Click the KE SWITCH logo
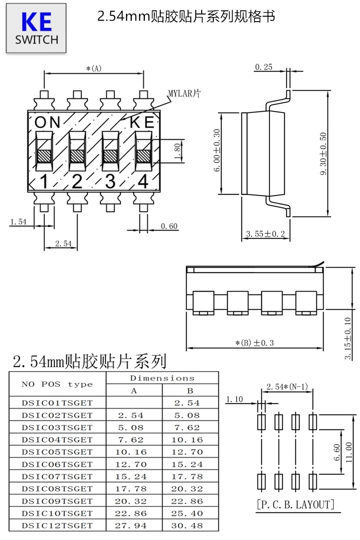coord(36,28)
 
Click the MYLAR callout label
coord(184,94)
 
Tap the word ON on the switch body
coord(47,122)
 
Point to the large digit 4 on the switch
coord(143,181)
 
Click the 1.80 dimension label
coord(177,151)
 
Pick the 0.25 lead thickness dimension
coord(264,67)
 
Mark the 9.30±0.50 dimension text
coord(323,154)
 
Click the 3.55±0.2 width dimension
coord(265,234)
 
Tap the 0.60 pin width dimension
coord(169,226)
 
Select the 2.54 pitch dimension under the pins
coord(63,243)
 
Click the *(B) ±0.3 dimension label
coord(255,343)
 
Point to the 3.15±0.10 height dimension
coord(348,338)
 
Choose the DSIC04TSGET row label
coord(57,440)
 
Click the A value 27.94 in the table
coord(130,526)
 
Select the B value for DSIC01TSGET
coord(187,403)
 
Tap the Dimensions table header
coord(162,378)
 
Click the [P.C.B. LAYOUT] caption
coord(296,504)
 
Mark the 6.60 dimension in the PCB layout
coord(337,452)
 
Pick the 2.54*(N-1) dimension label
coord(287,387)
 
